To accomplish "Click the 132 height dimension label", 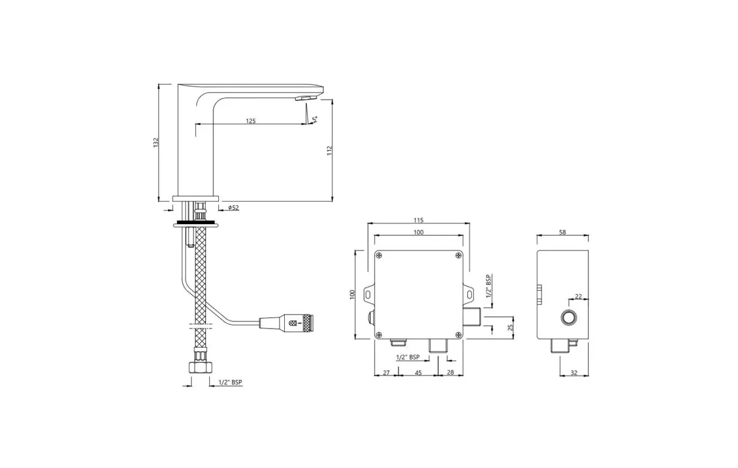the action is pos(156,142).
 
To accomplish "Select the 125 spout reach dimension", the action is pos(251,121).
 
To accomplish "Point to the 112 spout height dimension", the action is pos(330,151).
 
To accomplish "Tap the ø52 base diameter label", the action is pos(233,207).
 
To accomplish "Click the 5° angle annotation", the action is pos(315,119).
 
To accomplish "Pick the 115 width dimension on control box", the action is pos(418,220).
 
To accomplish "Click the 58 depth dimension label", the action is pos(562,232).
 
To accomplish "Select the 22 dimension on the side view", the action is pos(578,296).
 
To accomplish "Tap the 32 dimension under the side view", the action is pos(574,373).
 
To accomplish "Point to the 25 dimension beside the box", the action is pos(510,328).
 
